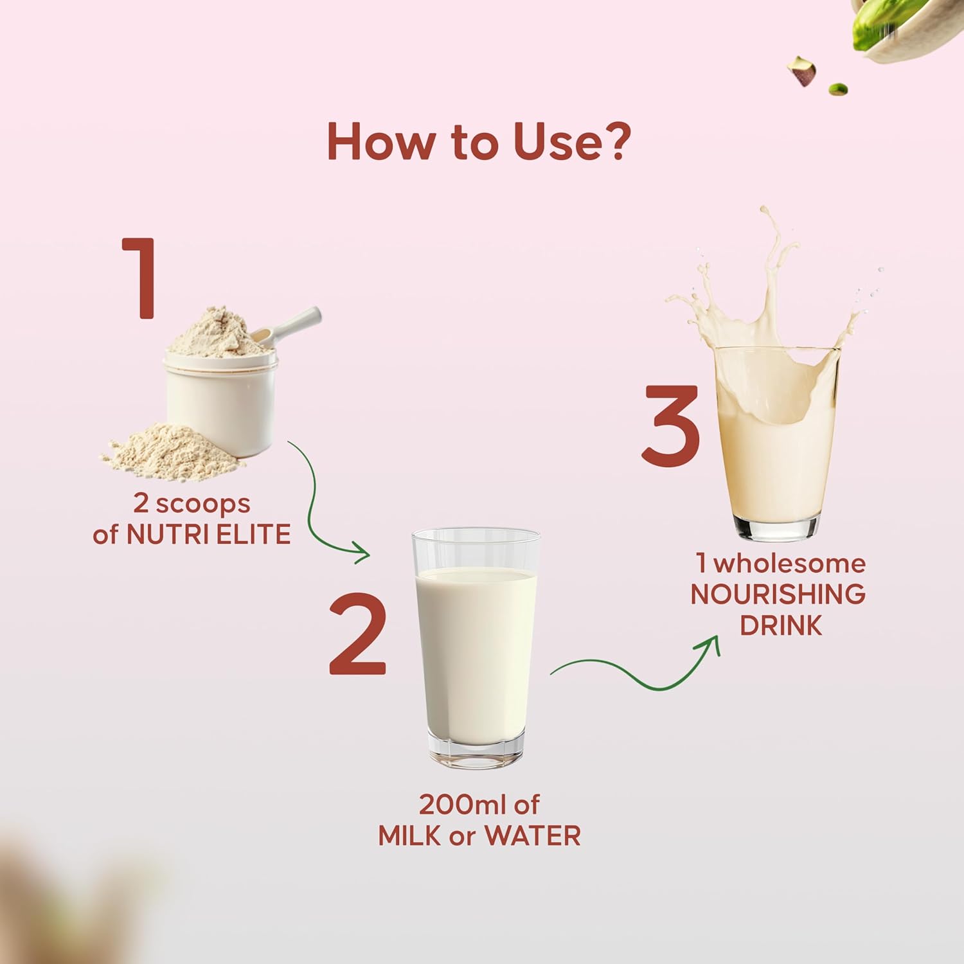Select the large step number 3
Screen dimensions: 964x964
671,425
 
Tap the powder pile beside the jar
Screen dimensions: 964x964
172,450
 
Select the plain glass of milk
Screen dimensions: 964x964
476,648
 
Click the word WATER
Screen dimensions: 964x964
533,836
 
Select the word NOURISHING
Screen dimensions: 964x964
778,594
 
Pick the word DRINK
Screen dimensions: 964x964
781,625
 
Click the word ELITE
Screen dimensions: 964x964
253,534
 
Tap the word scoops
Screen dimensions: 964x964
203,504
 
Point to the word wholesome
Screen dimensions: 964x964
790,564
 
